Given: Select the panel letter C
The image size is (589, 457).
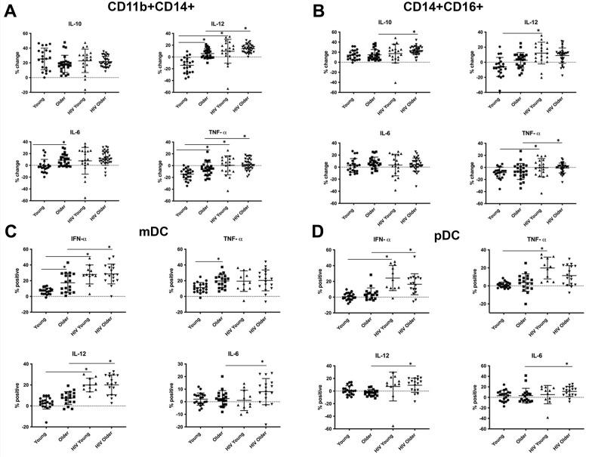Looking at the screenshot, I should [9, 230].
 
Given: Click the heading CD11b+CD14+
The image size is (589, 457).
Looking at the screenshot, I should [143, 10].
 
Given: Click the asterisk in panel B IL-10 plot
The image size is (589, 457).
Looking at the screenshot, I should [414, 31].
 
